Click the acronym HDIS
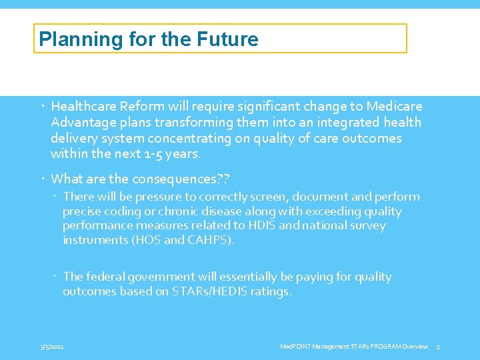point(293,225)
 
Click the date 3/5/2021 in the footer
point(52,347)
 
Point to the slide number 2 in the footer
point(438,347)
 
